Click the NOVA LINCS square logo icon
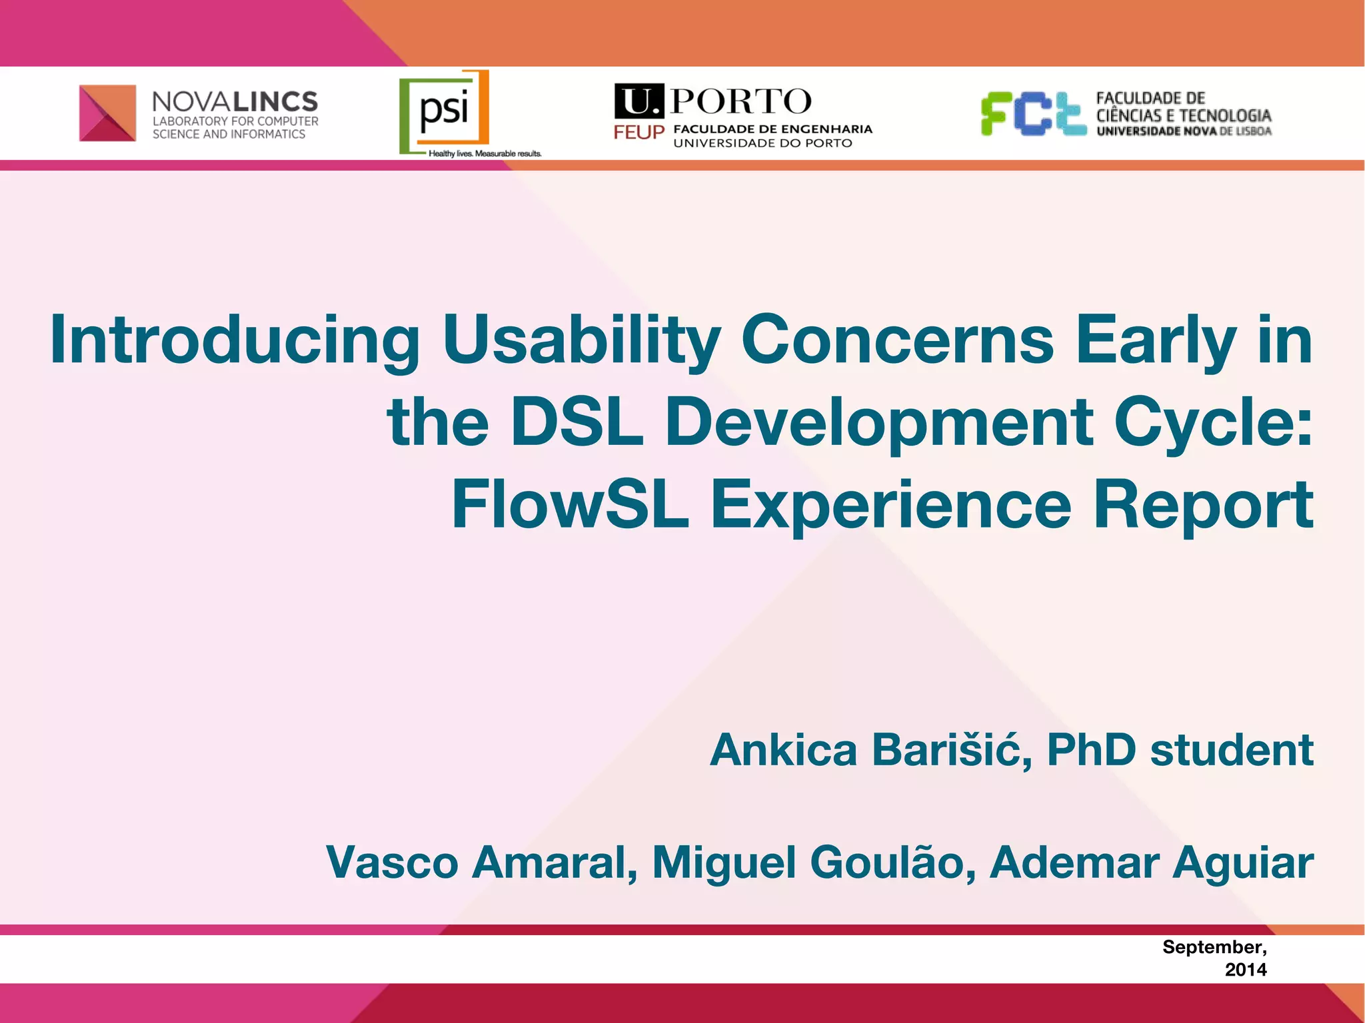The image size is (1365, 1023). [x=107, y=113]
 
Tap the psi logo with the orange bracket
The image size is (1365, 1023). [x=445, y=111]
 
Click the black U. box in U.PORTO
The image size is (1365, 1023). [x=639, y=102]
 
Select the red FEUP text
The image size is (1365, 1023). [x=639, y=133]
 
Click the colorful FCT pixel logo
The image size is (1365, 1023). [x=1033, y=113]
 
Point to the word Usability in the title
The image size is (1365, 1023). [x=581, y=341]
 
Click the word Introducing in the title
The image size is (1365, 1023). [x=235, y=341]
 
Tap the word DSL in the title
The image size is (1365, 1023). [x=577, y=422]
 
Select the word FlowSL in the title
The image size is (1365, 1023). [x=570, y=505]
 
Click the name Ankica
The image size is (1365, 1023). [x=783, y=751]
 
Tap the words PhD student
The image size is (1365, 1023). [x=1180, y=751]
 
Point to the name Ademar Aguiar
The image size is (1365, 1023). [x=1151, y=862]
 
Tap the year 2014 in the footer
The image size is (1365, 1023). [x=1245, y=970]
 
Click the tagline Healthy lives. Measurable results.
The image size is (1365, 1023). [x=485, y=154]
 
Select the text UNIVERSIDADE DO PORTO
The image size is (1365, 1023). [x=762, y=143]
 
